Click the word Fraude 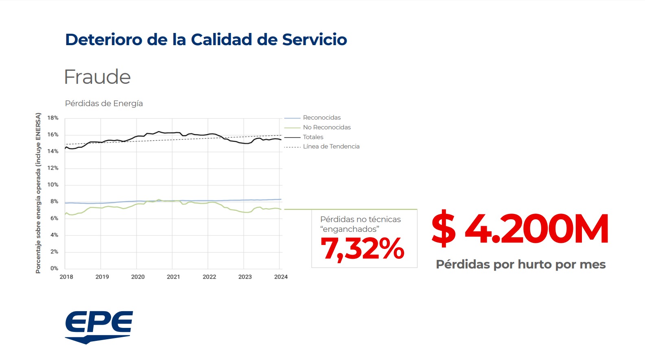click(97, 77)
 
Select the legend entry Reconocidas click(321, 118)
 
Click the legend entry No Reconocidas click(326, 127)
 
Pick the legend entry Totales click(313, 137)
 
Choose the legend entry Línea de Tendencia click(331, 146)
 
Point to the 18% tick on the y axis click(53, 118)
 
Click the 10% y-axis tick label click(53, 185)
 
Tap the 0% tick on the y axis click(54, 268)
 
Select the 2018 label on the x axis click(66, 277)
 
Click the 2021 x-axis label click(173, 277)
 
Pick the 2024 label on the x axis click(281, 277)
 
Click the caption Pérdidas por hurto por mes click(520, 264)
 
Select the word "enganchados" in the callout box click(350, 229)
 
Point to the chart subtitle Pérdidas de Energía click(104, 103)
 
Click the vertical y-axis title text click(38, 193)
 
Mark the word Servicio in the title click(314, 40)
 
